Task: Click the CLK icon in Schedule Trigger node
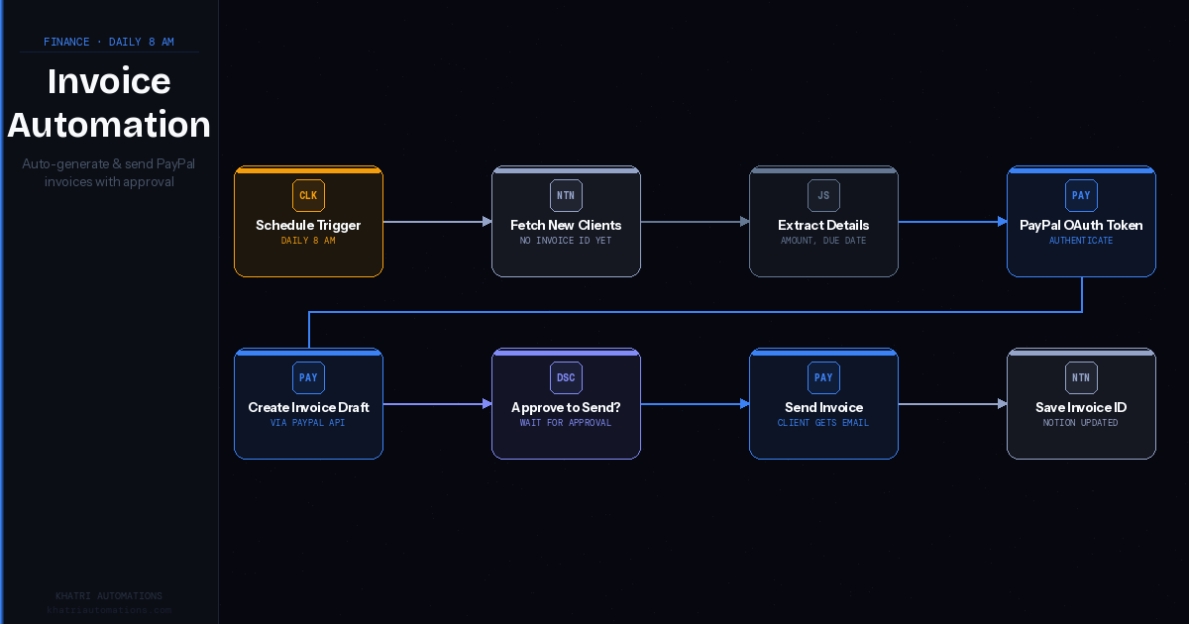tap(308, 195)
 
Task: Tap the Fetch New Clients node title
tap(566, 225)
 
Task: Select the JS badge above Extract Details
tap(823, 195)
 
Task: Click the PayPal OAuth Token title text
tap(1081, 225)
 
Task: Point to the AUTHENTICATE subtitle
tap(1081, 241)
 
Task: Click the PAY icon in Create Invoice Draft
tap(308, 377)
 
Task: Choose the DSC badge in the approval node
tap(566, 377)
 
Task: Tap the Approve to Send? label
tap(566, 407)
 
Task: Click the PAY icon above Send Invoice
tap(823, 377)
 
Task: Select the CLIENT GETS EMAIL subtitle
tap(823, 423)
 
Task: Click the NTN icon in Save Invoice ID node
tap(1081, 377)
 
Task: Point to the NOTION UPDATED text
tap(1081, 423)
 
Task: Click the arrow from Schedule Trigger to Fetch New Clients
tap(437, 222)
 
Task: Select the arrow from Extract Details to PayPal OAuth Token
tap(952, 222)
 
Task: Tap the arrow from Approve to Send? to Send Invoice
tap(695, 404)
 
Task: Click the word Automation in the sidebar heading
tap(109, 125)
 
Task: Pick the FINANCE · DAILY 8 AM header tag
tap(109, 42)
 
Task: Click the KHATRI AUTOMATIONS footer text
tap(109, 595)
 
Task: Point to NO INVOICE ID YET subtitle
tap(566, 241)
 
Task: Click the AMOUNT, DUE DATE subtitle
tap(823, 241)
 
